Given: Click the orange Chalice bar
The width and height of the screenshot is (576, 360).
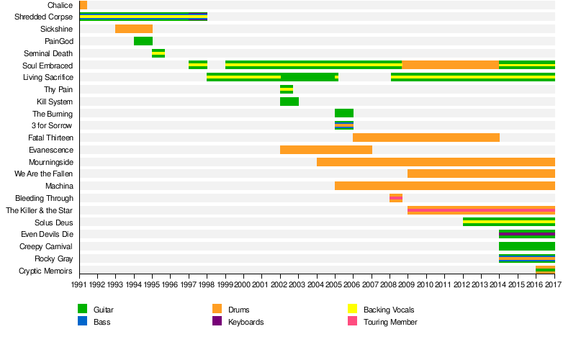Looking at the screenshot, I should pyautogui.click(x=84, y=5).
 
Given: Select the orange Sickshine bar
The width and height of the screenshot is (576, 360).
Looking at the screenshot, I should pyautogui.click(x=133, y=29).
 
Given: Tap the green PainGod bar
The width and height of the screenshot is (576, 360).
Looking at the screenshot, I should pyautogui.click(x=143, y=41).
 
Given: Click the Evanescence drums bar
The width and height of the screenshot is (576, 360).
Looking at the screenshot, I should pyautogui.click(x=325, y=150).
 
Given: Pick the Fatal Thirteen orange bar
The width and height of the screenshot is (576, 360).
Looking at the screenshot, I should pyautogui.click(x=426, y=138).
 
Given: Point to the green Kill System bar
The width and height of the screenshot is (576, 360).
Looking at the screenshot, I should pyautogui.click(x=289, y=102).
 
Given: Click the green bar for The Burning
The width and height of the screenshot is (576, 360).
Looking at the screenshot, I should pyautogui.click(x=343, y=113).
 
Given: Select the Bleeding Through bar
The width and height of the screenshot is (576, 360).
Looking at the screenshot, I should pyautogui.click(x=395, y=198).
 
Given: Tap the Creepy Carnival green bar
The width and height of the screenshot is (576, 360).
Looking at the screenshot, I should pyautogui.click(x=526, y=246).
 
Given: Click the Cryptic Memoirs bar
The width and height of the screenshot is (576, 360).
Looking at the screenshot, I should pyautogui.click(x=545, y=271).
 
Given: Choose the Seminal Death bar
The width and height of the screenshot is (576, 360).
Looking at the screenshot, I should pyautogui.click(x=158, y=53).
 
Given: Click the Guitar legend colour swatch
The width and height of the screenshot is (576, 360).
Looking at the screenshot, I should pyautogui.click(x=82, y=309).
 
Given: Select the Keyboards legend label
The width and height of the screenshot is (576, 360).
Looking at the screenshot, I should pyautogui.click(x=246, y=322).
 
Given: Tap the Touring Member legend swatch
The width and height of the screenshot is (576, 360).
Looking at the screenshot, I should pyautogui.click(x=352, y=322).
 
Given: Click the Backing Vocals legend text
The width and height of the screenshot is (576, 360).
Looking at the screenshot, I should pyautogui.click(x=389, y=310).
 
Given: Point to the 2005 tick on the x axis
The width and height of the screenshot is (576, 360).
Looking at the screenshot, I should pyautogui.click(x=335, y=285).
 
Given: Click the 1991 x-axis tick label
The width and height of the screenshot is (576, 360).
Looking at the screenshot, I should pyautogui.click(x=80, y=285).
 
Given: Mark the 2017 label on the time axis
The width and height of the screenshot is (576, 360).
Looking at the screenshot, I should pyautogui.click(x=554, y=285).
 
